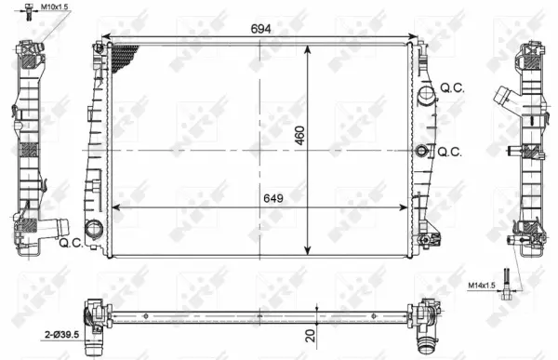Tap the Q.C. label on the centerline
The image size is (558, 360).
451,151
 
